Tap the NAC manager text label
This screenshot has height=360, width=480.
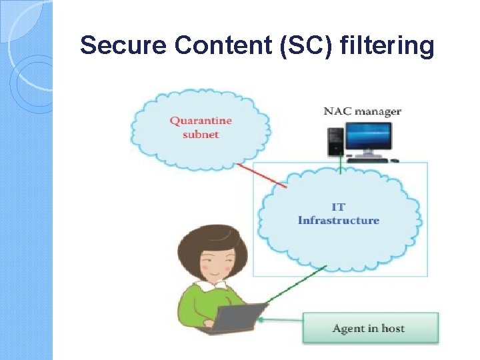pyautogui.click(x=362, y=111)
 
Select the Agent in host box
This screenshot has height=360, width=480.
pyautogui.click(x=371, y=328)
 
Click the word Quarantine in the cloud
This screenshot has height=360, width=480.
pyautogui.click(x=201, y=121)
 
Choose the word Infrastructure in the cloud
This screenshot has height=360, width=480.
pyautogui.click(x=338, y=220)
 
